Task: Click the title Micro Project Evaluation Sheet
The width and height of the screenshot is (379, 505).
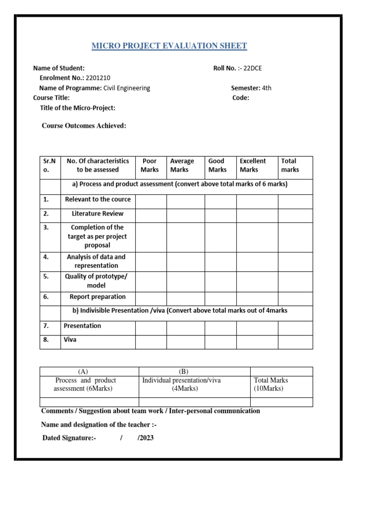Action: coord(169,46)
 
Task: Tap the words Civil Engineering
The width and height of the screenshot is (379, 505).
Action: coord(126,88)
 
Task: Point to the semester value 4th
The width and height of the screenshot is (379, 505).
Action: coord(266,88)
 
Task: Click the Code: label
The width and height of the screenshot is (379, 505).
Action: coord(241,98)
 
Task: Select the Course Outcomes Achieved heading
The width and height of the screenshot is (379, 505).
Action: coord(84,126)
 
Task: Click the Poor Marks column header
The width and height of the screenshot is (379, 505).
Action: coord(150,165)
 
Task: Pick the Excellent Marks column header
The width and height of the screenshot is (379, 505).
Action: coord(253,165)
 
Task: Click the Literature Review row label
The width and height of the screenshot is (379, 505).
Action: coord(98,214)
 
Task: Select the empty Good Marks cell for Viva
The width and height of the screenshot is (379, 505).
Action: coord(220,342)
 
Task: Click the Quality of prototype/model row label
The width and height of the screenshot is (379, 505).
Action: coord(96,281)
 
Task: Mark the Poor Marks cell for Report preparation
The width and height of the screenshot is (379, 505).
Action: coord(151,298)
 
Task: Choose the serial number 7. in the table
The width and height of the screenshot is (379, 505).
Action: coord(46,326)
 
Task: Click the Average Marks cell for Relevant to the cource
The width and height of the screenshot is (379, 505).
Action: coord(185,201)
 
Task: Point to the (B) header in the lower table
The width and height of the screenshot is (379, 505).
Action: coord(184,371)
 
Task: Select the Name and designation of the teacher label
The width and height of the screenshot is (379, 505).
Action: coord(99,425)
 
